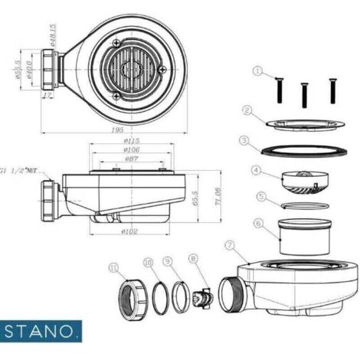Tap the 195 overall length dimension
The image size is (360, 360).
pyautogui.click(x=117, y=131)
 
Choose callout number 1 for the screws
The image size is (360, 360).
pyautogui.click(x=258, y=72)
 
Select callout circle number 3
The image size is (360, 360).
pyautogui.click(x=243, y=140)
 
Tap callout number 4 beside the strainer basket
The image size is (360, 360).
pyautogui.click(x=257, y=170)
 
